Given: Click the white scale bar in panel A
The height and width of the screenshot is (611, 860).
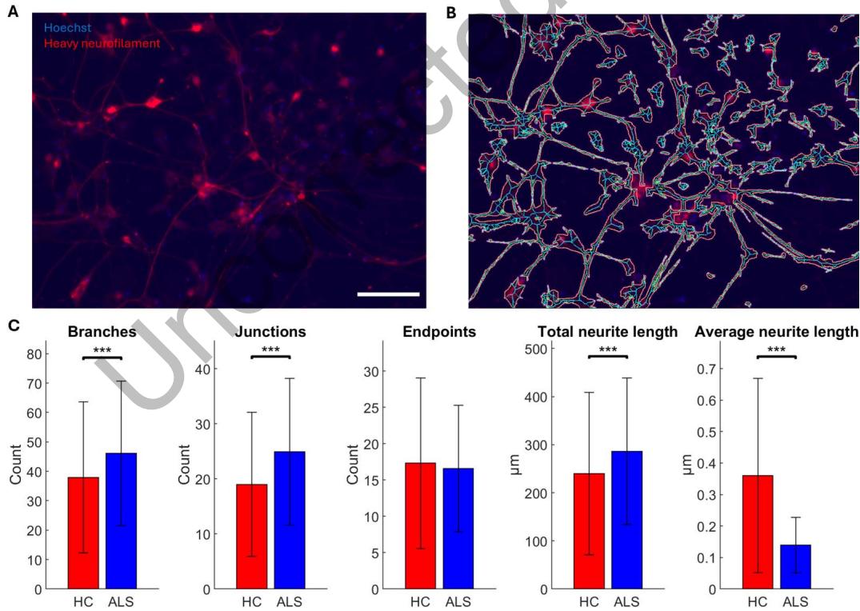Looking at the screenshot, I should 388,294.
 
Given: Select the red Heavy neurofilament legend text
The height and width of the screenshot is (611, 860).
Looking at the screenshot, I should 102,43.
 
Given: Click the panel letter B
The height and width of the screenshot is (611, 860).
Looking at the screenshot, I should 451,13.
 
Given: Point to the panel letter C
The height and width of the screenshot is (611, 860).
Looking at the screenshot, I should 13,325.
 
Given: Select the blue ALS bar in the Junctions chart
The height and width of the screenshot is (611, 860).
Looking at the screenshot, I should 290,520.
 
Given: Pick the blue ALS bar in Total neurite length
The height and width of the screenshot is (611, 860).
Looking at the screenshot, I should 627,520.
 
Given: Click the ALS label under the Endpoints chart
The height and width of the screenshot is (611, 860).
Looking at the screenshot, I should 458,601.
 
